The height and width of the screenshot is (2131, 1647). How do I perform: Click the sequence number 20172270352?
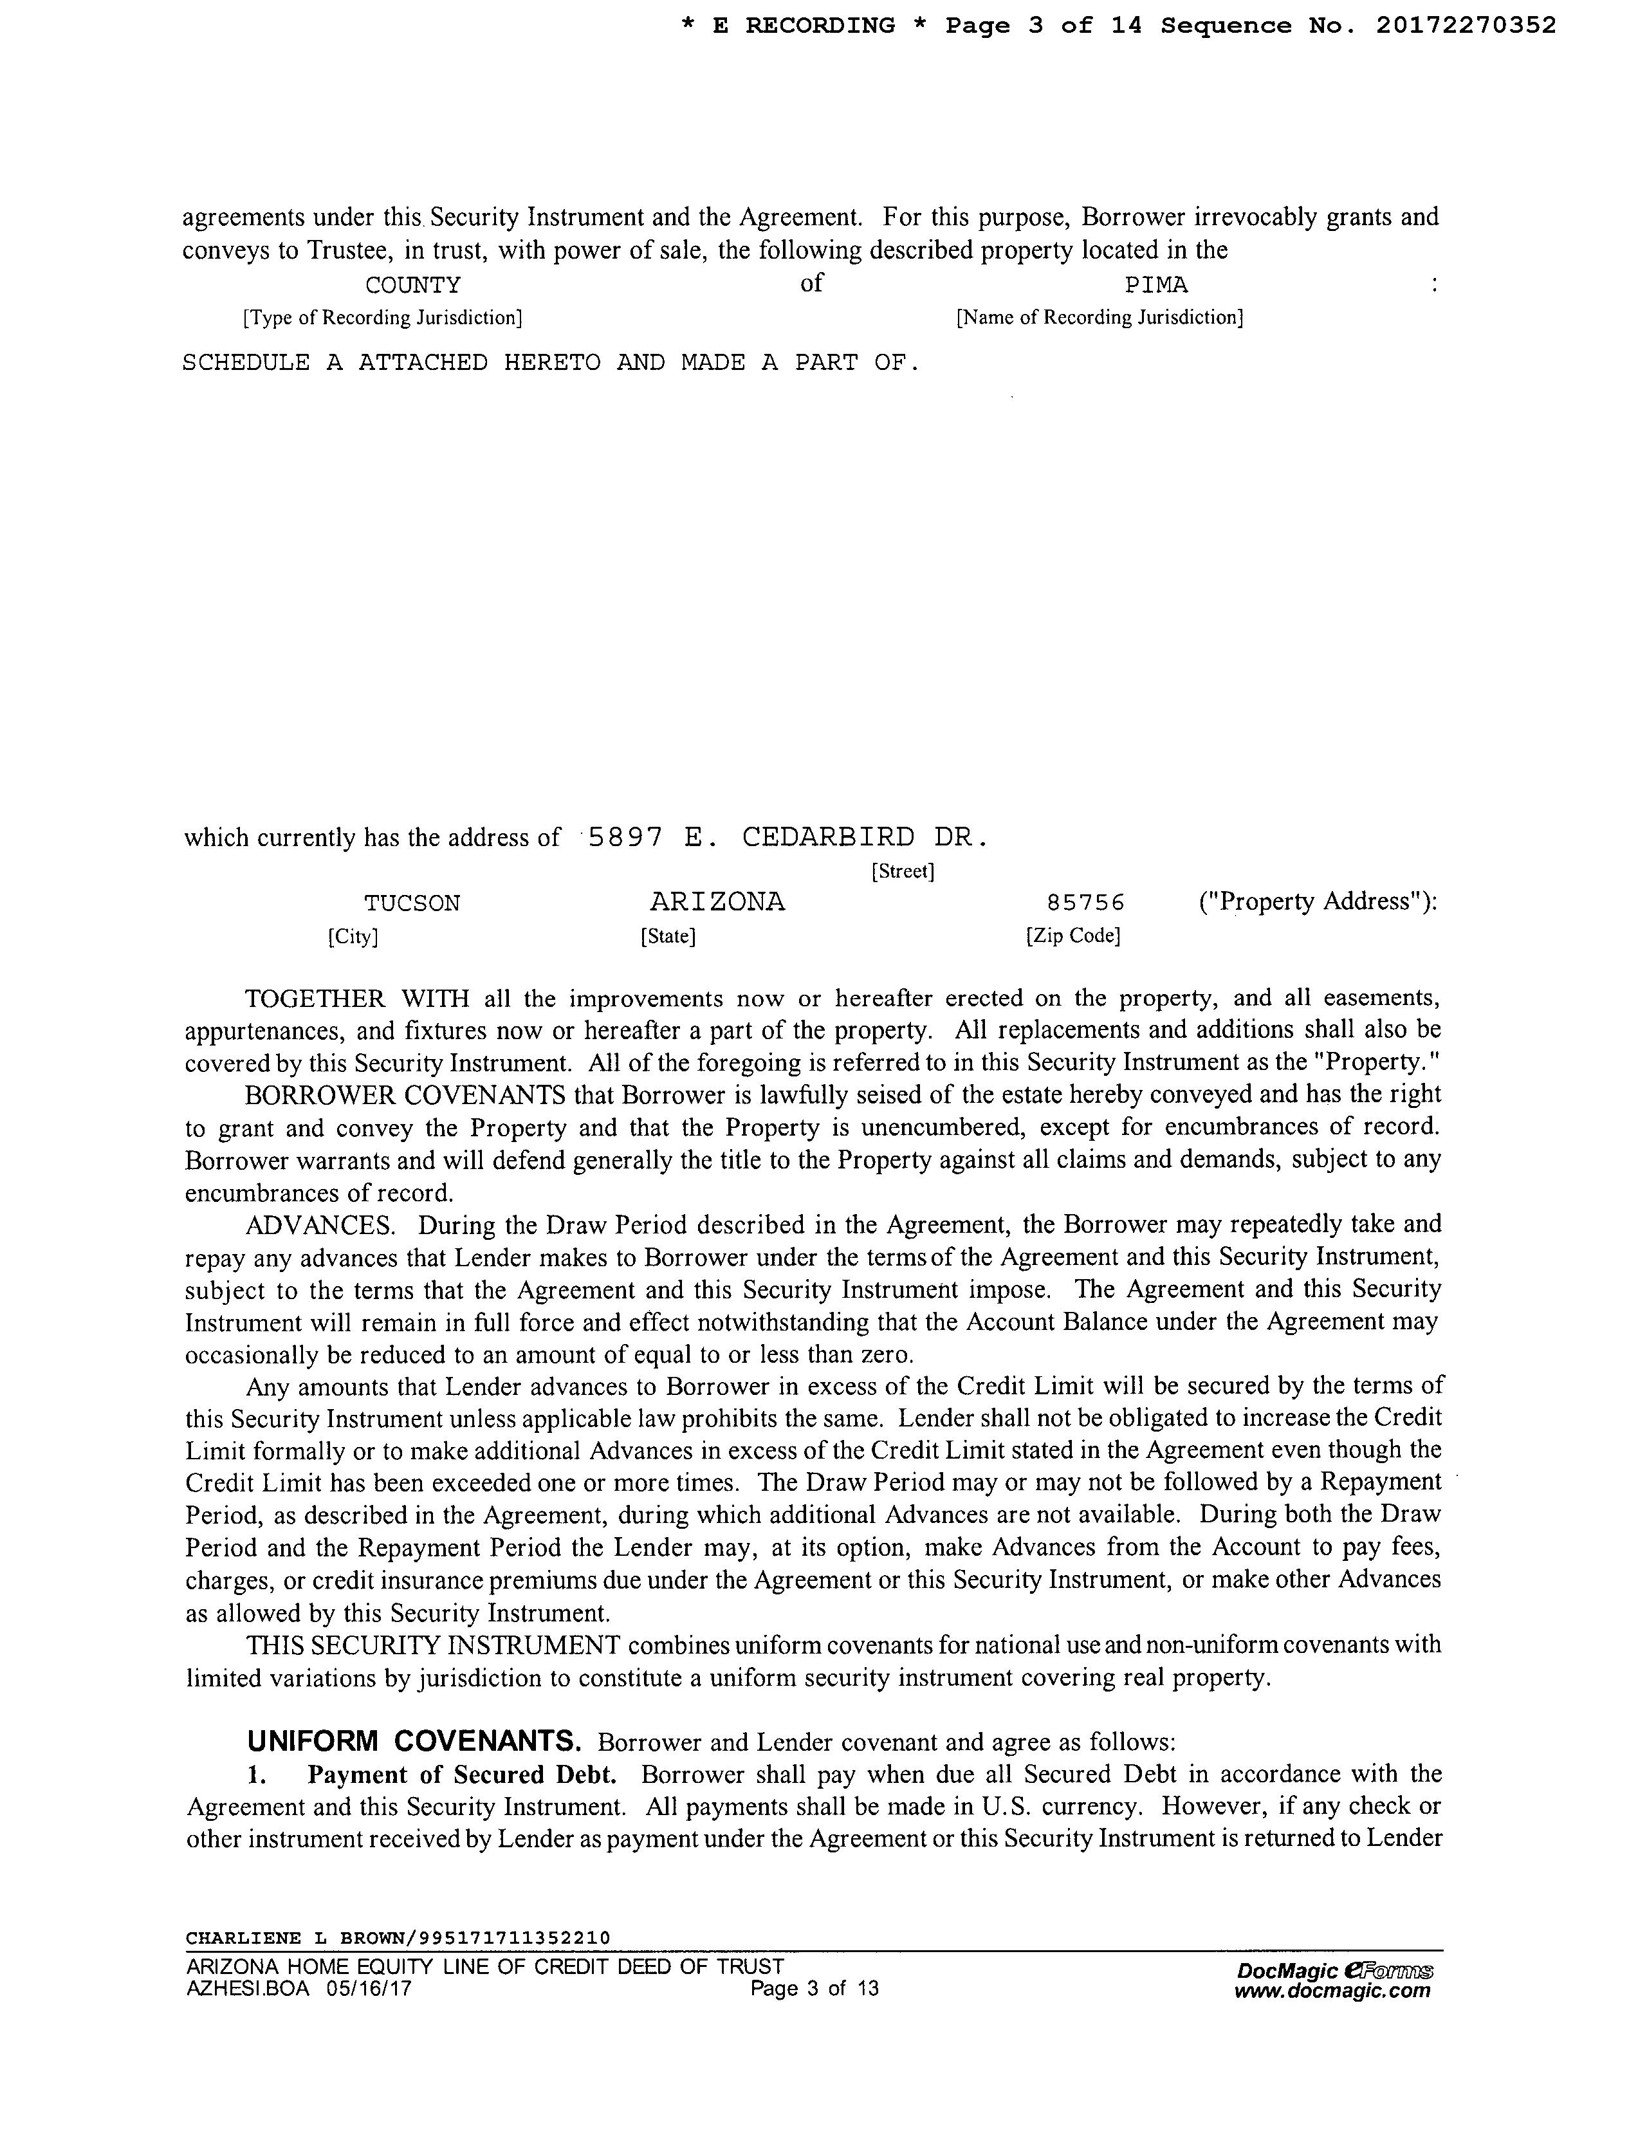(x=1466, y=26)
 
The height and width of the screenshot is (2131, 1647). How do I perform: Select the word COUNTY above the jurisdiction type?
(x=413, y=286)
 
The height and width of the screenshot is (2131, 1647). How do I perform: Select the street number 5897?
(x=627, y=837)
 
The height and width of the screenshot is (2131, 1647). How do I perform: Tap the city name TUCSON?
(x=412, y=903)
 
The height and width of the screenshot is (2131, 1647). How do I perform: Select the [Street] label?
(x=903, y=871)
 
